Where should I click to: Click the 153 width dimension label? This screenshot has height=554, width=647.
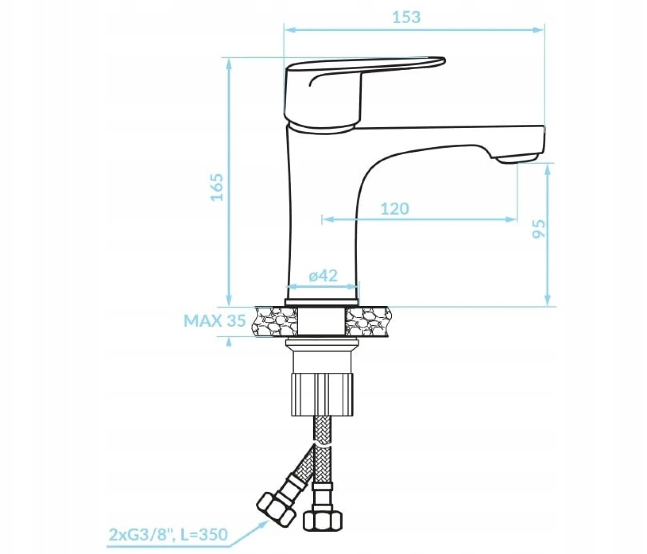(406, 17)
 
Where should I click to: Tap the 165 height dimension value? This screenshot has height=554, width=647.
(216, 187)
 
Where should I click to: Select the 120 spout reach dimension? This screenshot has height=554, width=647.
(394, 209)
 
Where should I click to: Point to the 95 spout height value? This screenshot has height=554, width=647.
(539, 229)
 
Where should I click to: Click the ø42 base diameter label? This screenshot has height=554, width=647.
(323, 276)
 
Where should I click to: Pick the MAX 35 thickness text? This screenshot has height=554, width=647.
(214, 321)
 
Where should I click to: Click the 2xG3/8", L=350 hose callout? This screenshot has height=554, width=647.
(168, 535)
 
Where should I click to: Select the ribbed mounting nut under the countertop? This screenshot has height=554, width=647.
(323, 394)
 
